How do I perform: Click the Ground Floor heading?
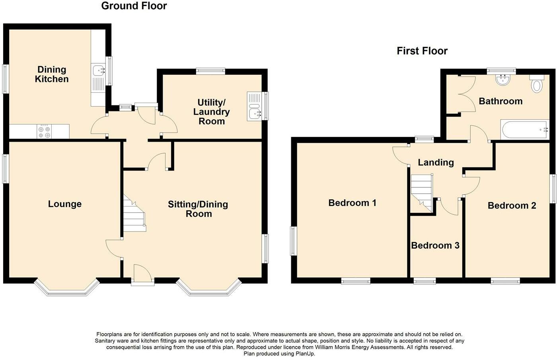tap(134, 6)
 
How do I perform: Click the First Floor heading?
tap(422, 51)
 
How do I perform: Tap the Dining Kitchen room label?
tap(52, 74)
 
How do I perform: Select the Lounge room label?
tap(65, 204)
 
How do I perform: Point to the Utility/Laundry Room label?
tap(212, 112)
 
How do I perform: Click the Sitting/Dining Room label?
tap(198, 209)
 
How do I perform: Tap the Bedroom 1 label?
tap(353, 203)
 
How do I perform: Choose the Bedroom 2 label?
tap(512, 206)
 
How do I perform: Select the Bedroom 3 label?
tap(435, 245)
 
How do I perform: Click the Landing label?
tap(436, 162)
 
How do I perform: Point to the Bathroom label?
tap(501, 101)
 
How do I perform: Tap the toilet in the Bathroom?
tap(537, 85)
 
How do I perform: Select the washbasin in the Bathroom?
tap(503, 80)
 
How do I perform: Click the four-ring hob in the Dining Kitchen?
tap(44, 132)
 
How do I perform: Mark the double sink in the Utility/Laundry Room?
tap(254, 106)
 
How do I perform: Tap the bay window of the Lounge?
tap(66, 288)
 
